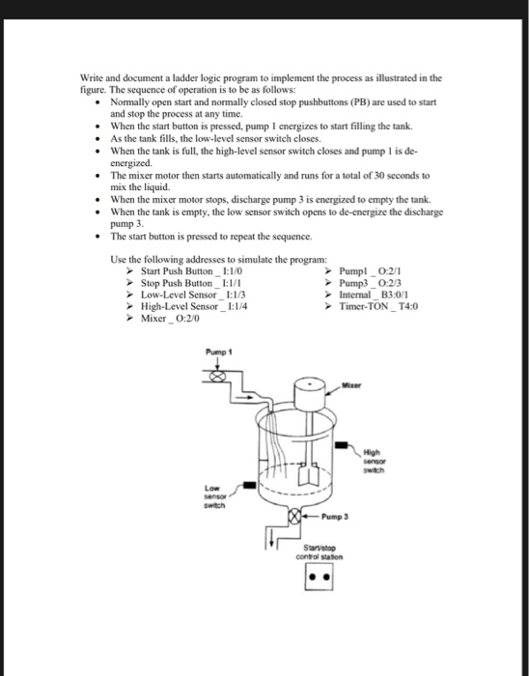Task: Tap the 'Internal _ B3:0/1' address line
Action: pos(379,298)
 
